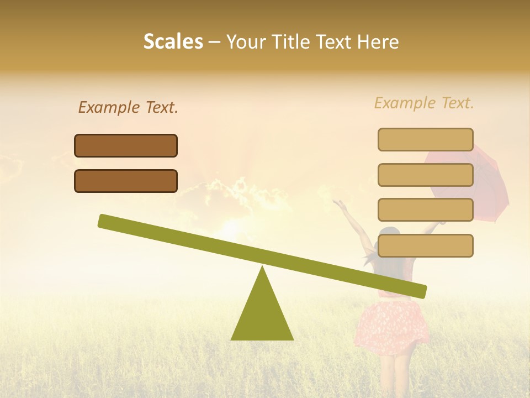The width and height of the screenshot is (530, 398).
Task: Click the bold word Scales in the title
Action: (173, 41)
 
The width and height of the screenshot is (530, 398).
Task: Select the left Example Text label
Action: (128, 107)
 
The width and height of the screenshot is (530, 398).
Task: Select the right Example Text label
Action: (424, 103)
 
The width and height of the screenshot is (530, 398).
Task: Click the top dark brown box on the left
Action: (126, 145)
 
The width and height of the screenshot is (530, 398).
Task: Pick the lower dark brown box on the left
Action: (126, 181)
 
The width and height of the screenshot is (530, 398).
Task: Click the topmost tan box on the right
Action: (425, 139)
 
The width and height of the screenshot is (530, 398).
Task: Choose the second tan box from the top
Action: (425, 175)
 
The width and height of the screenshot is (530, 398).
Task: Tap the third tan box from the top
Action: (425, 210)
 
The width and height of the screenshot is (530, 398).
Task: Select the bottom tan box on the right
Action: (425, 245)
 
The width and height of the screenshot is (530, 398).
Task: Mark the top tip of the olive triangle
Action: (262, 268)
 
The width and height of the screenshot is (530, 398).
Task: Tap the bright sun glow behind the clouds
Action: (232, 227)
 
